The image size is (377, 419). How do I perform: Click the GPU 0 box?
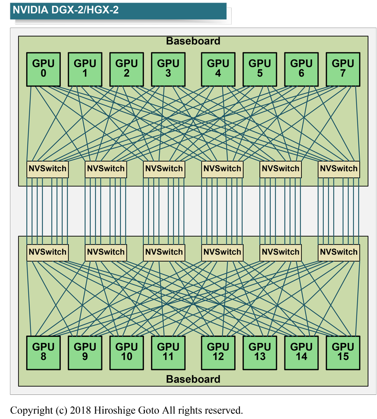43,69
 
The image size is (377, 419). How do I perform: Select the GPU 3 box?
168,69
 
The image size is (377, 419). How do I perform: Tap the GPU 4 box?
218,69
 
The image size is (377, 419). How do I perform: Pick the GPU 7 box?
343,69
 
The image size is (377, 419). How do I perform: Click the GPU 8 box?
43,352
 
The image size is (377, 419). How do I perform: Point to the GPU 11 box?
168,352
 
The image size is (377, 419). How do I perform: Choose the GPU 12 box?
218,352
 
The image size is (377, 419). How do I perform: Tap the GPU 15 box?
343,352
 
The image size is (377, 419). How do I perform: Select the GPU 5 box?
260,69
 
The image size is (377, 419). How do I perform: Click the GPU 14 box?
301,352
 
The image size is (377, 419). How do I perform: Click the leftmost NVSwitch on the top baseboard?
47,169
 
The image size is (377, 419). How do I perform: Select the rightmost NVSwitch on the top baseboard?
339,169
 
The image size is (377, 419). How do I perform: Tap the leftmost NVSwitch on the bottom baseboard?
47,252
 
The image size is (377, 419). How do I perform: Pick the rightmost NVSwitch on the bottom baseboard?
339,252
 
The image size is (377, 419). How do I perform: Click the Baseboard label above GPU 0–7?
193,41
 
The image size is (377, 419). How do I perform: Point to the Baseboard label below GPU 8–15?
193,379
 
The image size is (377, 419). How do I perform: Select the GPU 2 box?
127,69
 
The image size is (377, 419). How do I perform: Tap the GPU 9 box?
85,352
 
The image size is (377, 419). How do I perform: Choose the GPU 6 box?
301,69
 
